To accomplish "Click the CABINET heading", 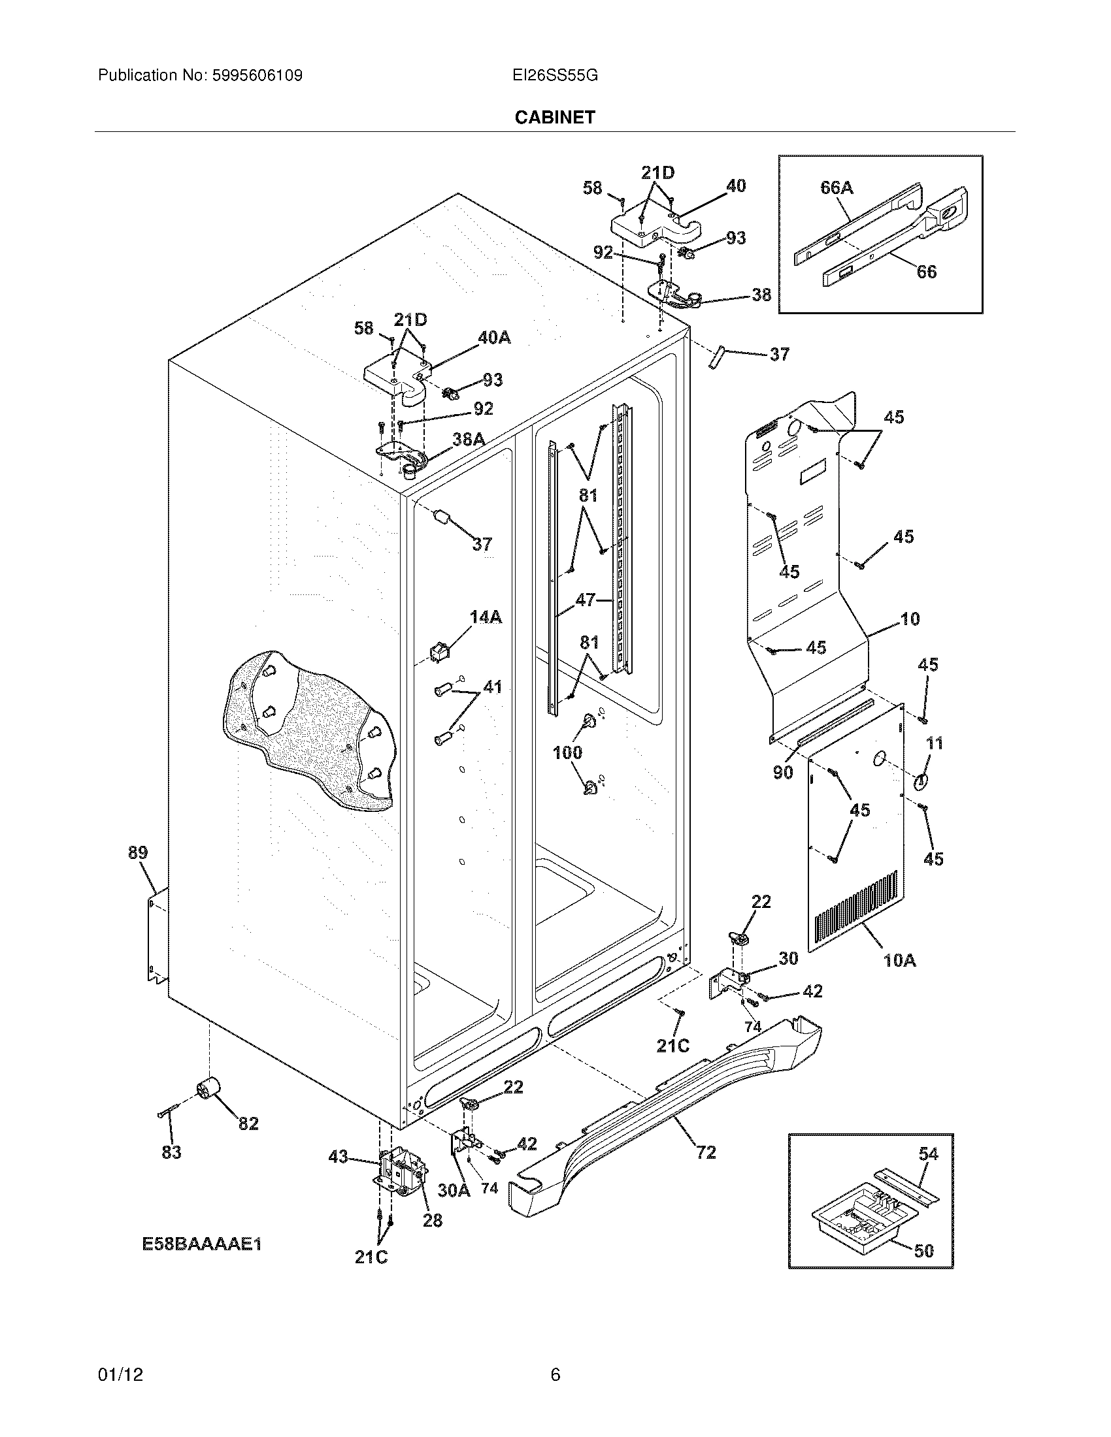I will pos(554,117).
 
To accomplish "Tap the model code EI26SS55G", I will pos(555,76).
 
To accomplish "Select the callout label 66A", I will pos(837,188).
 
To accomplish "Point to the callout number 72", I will pos(706,1152).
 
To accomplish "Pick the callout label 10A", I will pos(899,961).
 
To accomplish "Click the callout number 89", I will pos(137,852).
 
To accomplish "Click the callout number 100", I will pos(567,752).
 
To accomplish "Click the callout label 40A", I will pos(494,338).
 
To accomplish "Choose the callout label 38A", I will pos(469,440).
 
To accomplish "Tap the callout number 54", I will pos(928,1154).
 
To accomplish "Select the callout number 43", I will pos(339,1157).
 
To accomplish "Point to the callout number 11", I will pos(935,743).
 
